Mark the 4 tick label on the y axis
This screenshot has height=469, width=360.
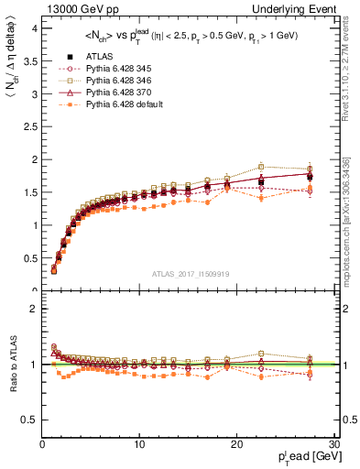click(34, 27)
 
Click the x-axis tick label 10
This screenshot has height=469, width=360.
click(139, 445)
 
